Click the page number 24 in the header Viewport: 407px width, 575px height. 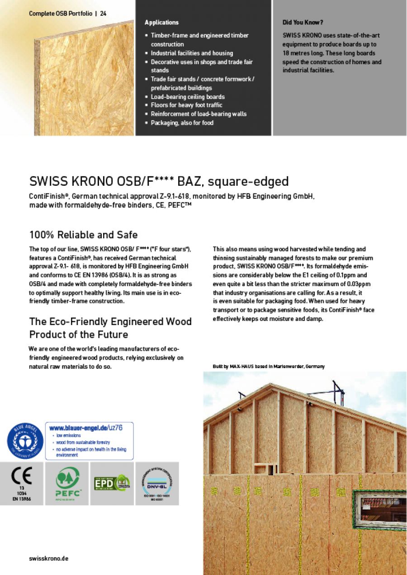[x=103, y=14]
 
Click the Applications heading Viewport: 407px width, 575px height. [x=161, y=23]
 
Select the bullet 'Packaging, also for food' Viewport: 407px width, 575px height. [x=182, y=123]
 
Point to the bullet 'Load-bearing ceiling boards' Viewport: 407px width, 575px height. [x=188, y=97]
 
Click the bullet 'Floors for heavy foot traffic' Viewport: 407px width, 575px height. [x=186, y=105]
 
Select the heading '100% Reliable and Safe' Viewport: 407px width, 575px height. [x=83, y=235]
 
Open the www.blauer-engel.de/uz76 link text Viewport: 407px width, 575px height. [x=85, y=427]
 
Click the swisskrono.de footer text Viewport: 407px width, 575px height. [x=49, y=558]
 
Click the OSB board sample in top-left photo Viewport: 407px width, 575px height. [x=84, y=81]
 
